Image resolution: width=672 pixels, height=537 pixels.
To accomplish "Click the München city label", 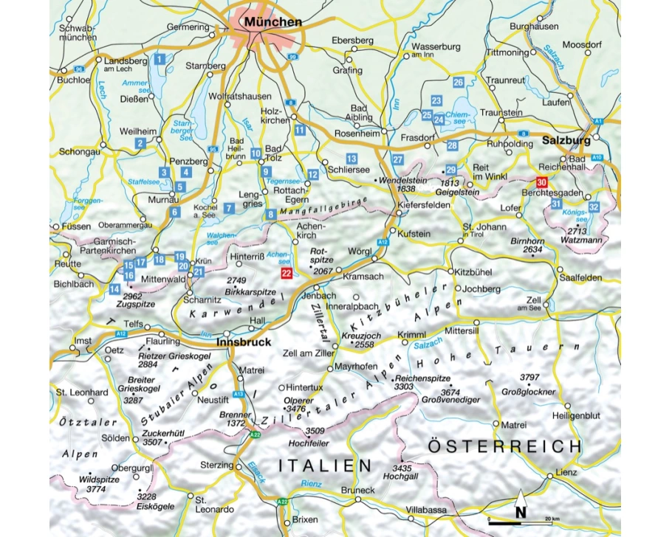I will pos(275,23).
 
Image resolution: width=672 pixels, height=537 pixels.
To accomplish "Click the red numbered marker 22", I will pos(287,273).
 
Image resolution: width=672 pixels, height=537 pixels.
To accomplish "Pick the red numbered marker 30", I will pos(542,182).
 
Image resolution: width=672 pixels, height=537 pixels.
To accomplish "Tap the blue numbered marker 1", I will pos(159,58).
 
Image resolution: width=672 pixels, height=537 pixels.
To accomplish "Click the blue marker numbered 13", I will pos(352,159).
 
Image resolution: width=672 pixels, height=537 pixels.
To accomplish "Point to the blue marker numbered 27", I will pos(398,159).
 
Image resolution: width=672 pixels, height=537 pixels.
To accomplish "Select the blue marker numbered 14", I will pos(114,288).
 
